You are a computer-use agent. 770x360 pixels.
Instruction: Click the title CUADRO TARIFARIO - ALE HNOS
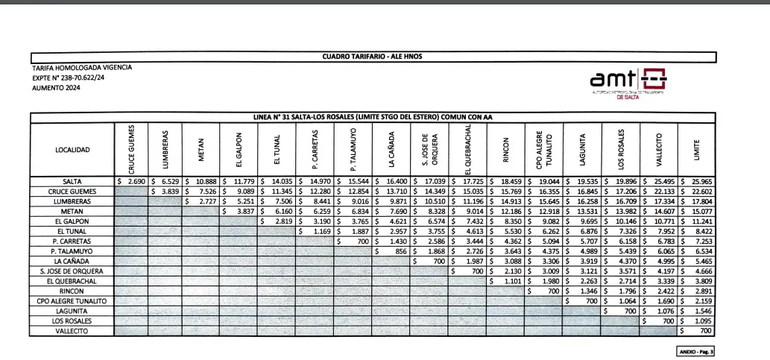[x=373, y=57]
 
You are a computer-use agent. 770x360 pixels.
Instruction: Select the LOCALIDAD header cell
[x=72, y=150]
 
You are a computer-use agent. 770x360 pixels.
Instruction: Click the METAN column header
[x=201, y=150]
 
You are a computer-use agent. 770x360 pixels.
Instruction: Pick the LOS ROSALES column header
[x=621, y=150]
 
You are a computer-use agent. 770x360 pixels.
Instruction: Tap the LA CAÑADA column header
[x=391, y=150]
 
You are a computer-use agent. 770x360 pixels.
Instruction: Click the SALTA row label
[x=72, y=181]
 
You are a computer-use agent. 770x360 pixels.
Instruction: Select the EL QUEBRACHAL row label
[x=72, y=281]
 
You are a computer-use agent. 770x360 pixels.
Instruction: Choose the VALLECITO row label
[x=72, y=331]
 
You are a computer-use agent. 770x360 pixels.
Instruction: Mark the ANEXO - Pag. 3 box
[x=696, y=350]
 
